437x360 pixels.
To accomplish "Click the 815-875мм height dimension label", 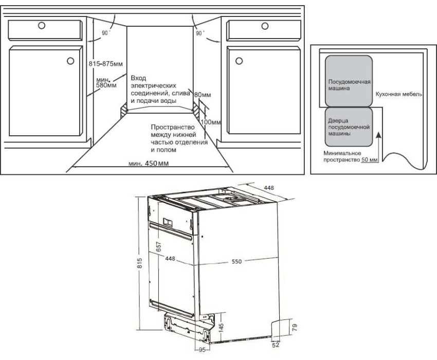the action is [x=105, y=64].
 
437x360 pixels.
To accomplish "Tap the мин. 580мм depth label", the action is [x=106, y=82].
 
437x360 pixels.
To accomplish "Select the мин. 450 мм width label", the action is [x=148, y=163].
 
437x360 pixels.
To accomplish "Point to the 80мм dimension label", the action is [x=203, y=95].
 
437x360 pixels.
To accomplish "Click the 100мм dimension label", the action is [x=210, y=122].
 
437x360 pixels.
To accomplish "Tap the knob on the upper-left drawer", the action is [x=42, y=25].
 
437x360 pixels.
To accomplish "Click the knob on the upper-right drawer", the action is [x=265, y=26].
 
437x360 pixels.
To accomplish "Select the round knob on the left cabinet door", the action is [x=70, y=61].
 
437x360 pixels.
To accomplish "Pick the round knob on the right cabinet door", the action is [x=239, y=61].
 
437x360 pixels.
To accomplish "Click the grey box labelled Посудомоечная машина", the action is [x=349, y=81].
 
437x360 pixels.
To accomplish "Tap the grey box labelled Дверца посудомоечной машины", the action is [x=349, y=127].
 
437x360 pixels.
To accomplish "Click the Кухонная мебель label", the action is [x=398, y=94].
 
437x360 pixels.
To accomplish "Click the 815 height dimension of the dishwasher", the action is [x=140, y=263].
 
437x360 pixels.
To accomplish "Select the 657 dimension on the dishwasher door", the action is [x=158, y=246].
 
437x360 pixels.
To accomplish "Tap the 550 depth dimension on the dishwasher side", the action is [x=236, y=261].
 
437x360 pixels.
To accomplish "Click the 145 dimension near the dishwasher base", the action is [x=222, y=328].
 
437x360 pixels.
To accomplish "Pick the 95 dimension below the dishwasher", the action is [x=202, y=350].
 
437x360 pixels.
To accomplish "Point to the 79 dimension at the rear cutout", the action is [x=295, y=327].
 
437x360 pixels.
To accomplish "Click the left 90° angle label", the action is [x=105, y=33].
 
